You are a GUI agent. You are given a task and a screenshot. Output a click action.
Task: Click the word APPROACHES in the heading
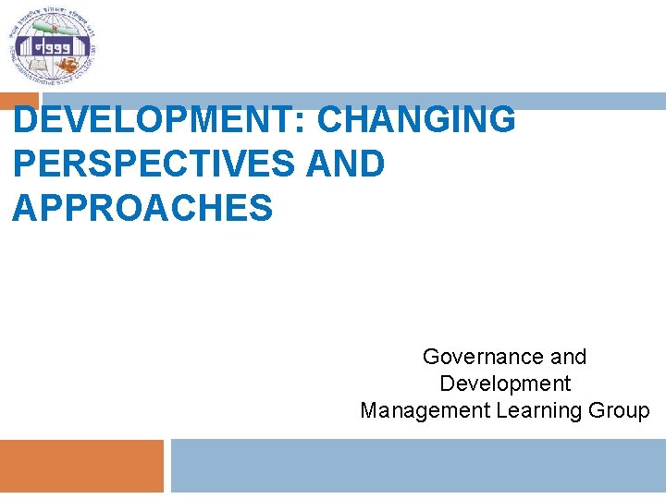pyautogui.click(x=143, y=208)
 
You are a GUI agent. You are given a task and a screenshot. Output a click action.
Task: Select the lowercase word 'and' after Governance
pyautogui.click(x=568, y=357)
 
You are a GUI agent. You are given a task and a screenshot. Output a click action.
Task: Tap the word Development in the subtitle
pyautogui.click(x=505, y=383)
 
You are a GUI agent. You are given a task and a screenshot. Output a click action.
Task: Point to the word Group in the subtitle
pyautogui.click(x=621, y=410)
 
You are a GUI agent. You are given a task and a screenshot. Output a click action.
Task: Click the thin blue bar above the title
pyautogui.click(x=351, y=101)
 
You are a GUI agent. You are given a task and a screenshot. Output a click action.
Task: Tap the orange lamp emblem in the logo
pyautogui.click(x=69, y=65)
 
